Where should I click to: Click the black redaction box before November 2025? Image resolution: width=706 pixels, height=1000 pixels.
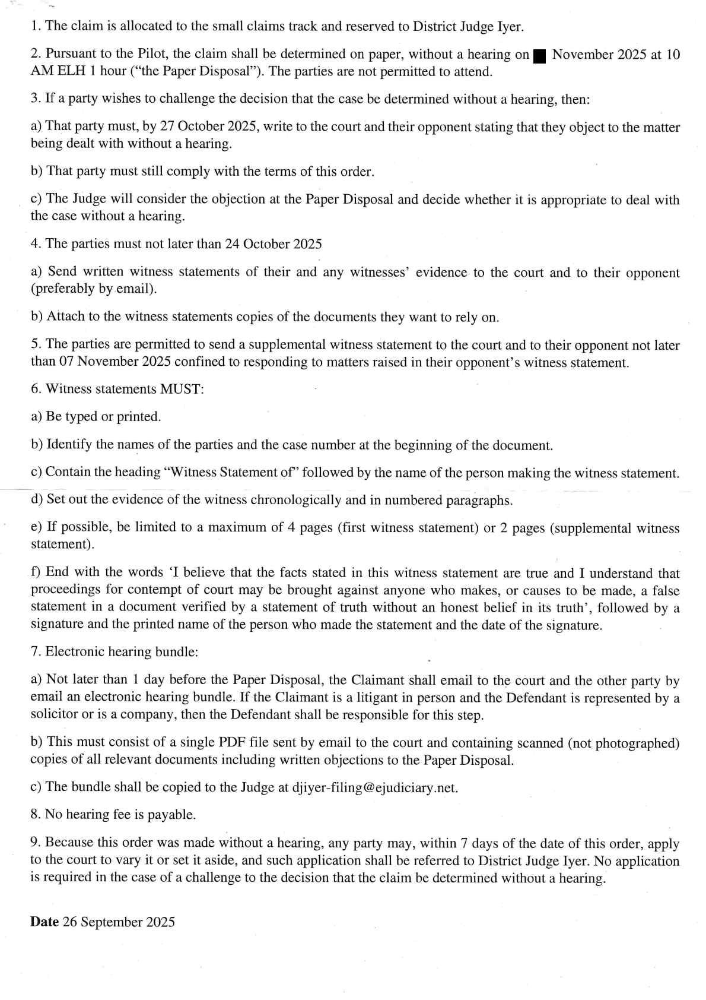(x=539, y=56)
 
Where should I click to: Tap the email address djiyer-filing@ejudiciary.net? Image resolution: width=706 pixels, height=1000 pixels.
(x=375, y=787)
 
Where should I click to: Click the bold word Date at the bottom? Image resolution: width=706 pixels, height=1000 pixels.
(x=44, y=922)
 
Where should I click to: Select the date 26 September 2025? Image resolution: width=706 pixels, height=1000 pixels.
(x=128, y=922)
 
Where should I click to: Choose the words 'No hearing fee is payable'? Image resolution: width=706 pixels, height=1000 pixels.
(x=120, y=815)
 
